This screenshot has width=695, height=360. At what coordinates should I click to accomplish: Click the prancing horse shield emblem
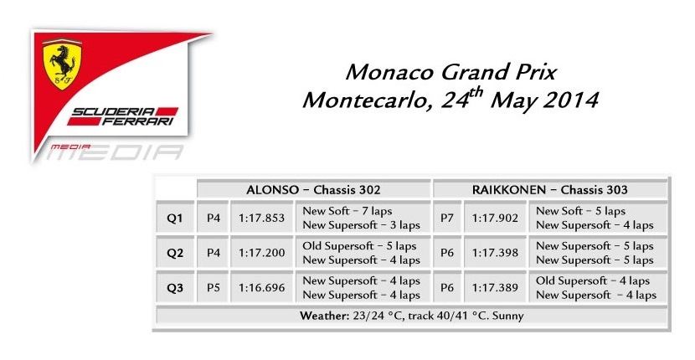(62, 64)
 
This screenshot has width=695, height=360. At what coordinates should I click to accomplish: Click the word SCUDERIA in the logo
(114, 111)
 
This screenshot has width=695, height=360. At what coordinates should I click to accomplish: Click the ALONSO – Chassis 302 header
(313, 190)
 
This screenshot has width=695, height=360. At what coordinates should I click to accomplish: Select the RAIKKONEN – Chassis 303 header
(549, 190)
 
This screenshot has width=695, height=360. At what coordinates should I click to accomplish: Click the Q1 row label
(175, 219)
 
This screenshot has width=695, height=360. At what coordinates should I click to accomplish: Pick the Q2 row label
(175, 253)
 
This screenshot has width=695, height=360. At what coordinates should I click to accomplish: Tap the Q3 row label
(175, 288)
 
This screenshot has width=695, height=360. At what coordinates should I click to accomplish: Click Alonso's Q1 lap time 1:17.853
(261, 218)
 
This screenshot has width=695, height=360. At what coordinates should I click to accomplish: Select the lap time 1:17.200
(261, 253)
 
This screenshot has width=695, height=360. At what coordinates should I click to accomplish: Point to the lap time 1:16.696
(261, 287)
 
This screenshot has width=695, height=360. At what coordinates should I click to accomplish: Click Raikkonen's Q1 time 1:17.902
(495, 218)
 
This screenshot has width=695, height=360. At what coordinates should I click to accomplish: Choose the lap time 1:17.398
(495, 253)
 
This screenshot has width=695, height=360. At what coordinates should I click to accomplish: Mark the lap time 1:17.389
(495, 287)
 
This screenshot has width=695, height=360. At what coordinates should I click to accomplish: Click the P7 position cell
(447, 218)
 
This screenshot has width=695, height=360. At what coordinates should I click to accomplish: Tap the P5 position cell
(214, 287)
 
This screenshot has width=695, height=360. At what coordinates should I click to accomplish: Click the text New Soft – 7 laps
(347, 211)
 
